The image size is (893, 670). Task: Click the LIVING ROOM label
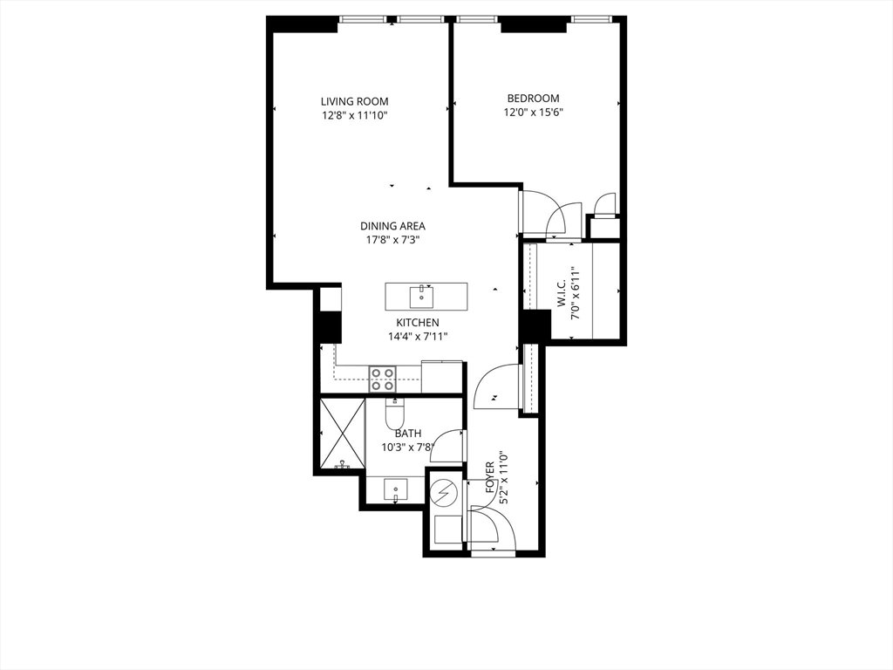coord(354,101)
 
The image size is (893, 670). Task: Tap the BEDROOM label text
coord(533,98)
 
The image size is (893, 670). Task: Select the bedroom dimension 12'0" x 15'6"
coord(533,113)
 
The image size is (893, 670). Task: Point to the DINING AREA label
coord(393,226)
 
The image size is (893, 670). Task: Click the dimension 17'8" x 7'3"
coord(393,241)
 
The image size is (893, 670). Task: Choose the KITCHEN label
coord(418,323)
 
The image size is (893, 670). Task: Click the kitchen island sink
coord(421,297)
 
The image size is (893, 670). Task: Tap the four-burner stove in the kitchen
coord(383,379)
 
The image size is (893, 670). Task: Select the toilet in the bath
coord(394,414)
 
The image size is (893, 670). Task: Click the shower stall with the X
coord(342,434)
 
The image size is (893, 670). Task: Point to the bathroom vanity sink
coord(396,490)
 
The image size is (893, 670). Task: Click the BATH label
coord(408,434)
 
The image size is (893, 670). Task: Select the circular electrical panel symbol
coord(442,490)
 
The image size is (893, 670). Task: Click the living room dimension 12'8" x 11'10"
coord(354,116)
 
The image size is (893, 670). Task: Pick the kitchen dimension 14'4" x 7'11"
coord(418,337)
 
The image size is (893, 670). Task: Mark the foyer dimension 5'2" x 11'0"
coord(503,477)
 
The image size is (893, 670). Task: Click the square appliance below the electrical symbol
coord(449,530)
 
